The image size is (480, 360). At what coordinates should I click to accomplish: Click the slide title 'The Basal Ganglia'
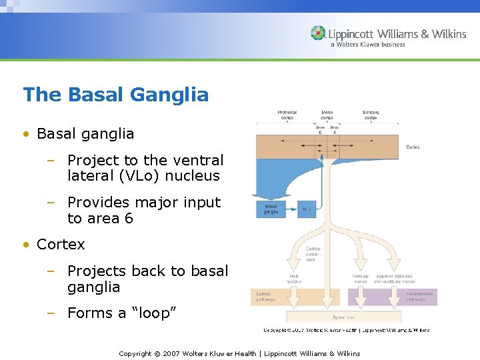click(116, 95)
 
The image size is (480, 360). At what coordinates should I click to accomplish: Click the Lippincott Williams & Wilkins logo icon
click(318, 33)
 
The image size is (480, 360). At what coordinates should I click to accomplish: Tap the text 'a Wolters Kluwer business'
click(367, 45)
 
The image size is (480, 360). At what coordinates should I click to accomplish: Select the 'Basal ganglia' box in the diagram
click(271, 209)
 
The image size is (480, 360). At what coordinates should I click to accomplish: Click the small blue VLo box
click(306, 209)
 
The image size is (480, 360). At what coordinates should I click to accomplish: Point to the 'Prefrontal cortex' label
click(287, 115)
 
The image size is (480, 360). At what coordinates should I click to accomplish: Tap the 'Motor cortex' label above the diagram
click(327, 115)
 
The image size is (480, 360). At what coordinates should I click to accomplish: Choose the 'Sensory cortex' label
click(371, 115)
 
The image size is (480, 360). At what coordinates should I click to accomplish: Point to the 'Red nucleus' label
click(294, 279)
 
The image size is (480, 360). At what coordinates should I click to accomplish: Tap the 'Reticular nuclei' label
click(361, 279)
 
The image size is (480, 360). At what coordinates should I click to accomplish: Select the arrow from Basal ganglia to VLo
click(291, 209)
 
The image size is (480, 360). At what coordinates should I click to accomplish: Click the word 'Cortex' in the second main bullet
click(61, 245)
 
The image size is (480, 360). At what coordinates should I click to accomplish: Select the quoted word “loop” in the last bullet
click(153, 313)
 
